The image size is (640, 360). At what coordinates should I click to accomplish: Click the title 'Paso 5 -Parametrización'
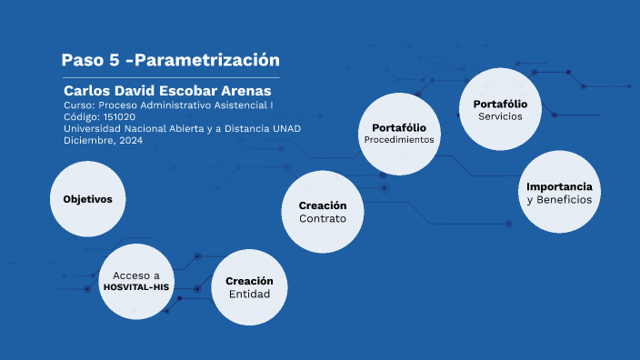(x=170, y=61)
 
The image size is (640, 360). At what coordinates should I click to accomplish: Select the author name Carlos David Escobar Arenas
(x=167, y=91)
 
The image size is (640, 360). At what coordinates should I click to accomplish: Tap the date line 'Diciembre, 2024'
(x=103, y=140)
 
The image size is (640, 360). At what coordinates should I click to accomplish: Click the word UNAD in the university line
(x=286, y=128)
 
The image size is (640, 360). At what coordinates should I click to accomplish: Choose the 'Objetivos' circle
(x=87, y=199)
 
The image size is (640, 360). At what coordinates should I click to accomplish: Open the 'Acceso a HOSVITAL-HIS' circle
(x=136, y=280)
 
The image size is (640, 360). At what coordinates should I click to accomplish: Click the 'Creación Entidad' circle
(x=250, y=287)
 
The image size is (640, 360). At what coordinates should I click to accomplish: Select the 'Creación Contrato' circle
(x=322, y=212)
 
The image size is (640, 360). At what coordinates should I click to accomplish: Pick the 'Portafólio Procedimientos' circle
(x=399, y=134)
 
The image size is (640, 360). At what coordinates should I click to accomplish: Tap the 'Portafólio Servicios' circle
(x=500, y=109)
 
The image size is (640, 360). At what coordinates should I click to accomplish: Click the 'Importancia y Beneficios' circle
(x=558, y=192)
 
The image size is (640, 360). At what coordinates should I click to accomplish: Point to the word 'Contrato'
(x=322, y=219)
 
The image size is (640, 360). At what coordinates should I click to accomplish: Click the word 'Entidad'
(x=250, y=295)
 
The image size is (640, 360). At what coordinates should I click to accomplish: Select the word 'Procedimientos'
(x=399, y=141)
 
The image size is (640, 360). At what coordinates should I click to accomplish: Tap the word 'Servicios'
(x=500, y=116)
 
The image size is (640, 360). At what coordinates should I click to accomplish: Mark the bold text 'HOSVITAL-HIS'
(x=136, y=287)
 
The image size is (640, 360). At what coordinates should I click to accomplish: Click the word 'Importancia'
(x=559, y=185)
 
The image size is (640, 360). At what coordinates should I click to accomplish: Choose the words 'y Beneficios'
(x=559, y=199)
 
